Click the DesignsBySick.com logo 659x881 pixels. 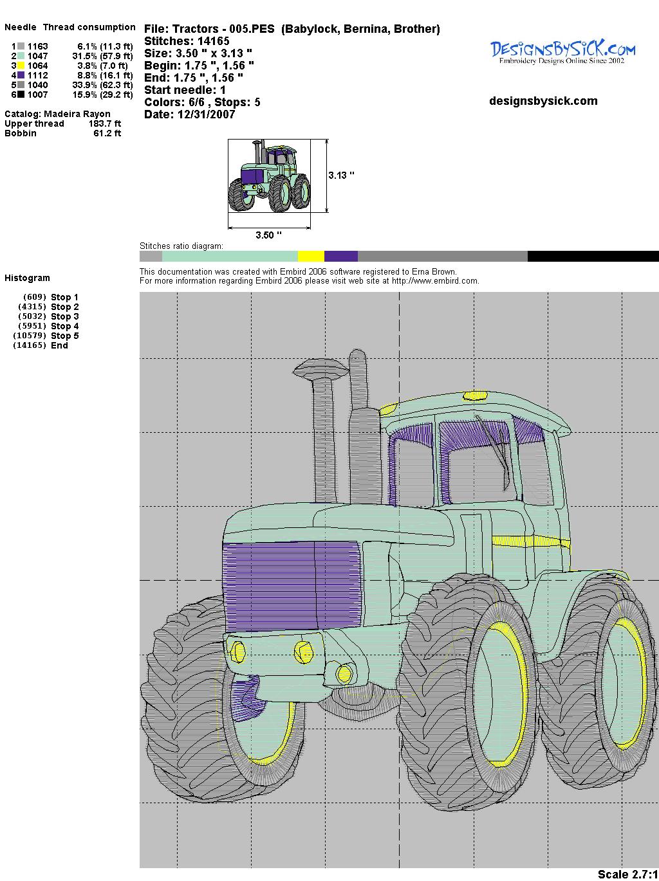tap(562, 51)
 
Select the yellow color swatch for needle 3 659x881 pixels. tap(21, 66)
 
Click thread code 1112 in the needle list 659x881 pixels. tap(38, 75)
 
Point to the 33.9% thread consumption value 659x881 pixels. tap(84, 85)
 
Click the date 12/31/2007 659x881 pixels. tap(206, 114)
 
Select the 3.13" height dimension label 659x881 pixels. tap(341, 175)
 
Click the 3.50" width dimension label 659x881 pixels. tap(268, 235)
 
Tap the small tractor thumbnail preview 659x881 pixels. tap(270, 176)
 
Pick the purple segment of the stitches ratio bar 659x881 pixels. tap(341, 256)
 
